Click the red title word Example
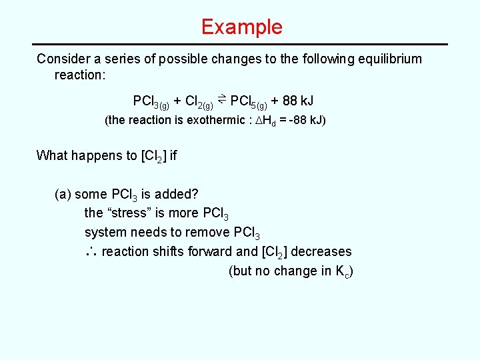pos(241,27)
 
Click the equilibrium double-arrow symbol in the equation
pos(222,100)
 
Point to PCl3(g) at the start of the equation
pos(151,102)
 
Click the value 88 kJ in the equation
pos(298,101)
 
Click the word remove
pos(212,233)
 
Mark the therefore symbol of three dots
pos(92,252)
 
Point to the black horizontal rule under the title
pos(240,44)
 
